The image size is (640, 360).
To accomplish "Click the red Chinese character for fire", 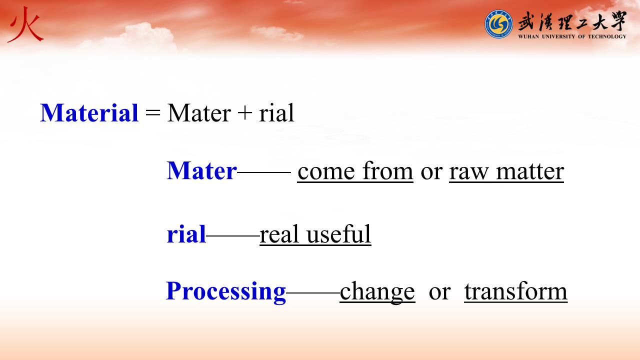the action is pyautogui.click(x=25, y=25).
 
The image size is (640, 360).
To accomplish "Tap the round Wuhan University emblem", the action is pyautogui.click(x=498, y=24).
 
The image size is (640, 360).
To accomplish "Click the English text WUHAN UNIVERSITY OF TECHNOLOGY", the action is pyautogui.click(x=572, y=36).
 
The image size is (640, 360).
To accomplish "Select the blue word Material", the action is pyautogui.click(x=89, y=113).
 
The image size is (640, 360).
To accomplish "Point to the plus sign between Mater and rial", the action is pyautogui.click(x=244, y=112).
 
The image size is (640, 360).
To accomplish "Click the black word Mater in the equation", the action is pyautogui.click(x=199, y=113).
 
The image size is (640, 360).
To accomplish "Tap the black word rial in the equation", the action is pyautogui.click(x=276, y=113).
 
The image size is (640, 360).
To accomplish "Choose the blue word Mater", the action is pyautogui.click(x=201, y=170).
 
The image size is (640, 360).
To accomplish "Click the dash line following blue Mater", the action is pyautogui.click(x=264, y=172).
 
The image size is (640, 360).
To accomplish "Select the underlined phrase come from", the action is pyautogui.click(x=355, y=171).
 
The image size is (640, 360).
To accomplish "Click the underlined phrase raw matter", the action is pyautogui.click(x=506, y=172).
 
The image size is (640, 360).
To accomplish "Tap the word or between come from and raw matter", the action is pyautogui.click(x=431, y=173).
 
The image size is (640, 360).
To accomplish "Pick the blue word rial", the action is pyautogui.click(x=186, y=234).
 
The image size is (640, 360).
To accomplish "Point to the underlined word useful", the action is pyautogui.click(x=339, y=234).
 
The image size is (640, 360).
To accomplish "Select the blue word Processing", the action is pyautogui.click(x=226, y=291).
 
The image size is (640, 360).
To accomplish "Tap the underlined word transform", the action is pyautogui.click(x=515, y=291).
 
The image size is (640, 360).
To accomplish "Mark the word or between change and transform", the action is pyautogui.click(x=439, y=293).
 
